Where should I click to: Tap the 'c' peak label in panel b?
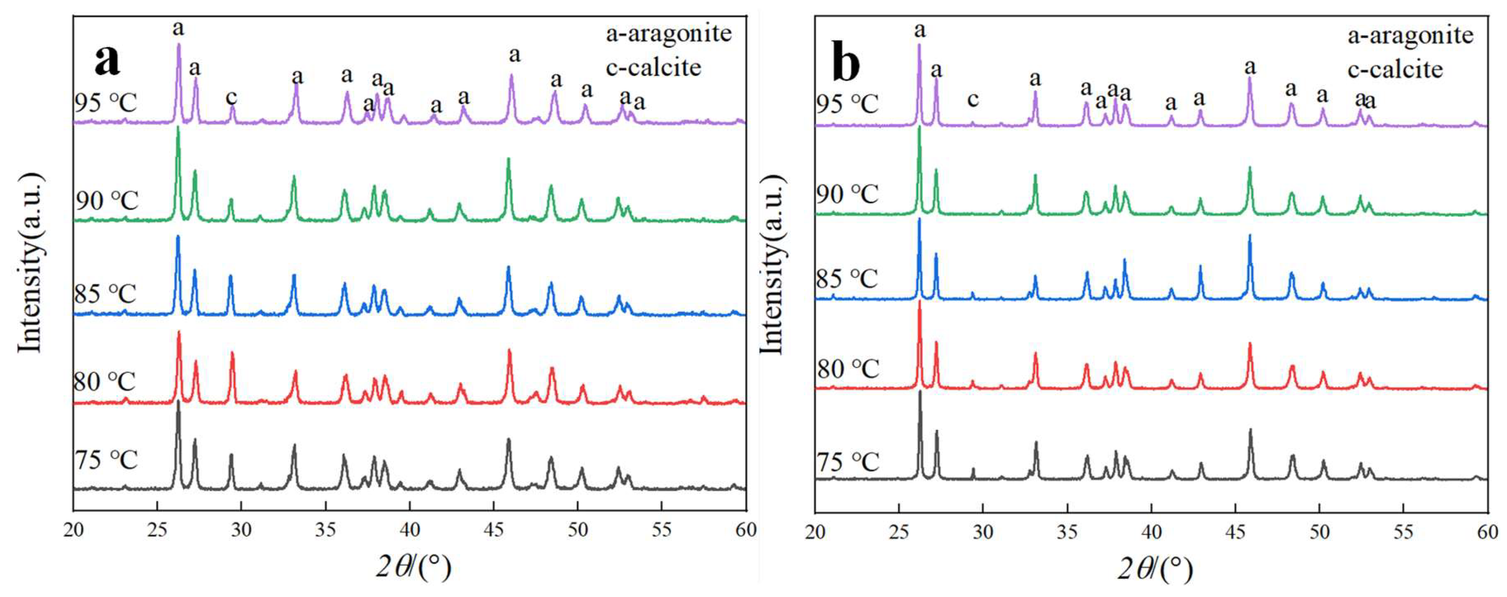pyautogui.click(x=972, y=99)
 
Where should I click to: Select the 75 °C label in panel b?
pyautogui.click(x=848, y=462)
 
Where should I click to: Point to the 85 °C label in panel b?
pyautogui.click(x=847, y=279)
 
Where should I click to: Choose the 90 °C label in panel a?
pyautogui.click(x=106, y=201)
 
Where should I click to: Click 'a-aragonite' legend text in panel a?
pyautogui.click(x=669, y=33)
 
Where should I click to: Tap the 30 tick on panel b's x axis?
pyautogui.click(x=983, y=531)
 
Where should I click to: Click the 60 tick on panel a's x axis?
pyautogui.click(x=745, y=530)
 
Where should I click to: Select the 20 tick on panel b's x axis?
pyautogui.click(x=815, y=531)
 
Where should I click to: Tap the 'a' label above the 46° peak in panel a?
pyautogui.click(x=514, y=55)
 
